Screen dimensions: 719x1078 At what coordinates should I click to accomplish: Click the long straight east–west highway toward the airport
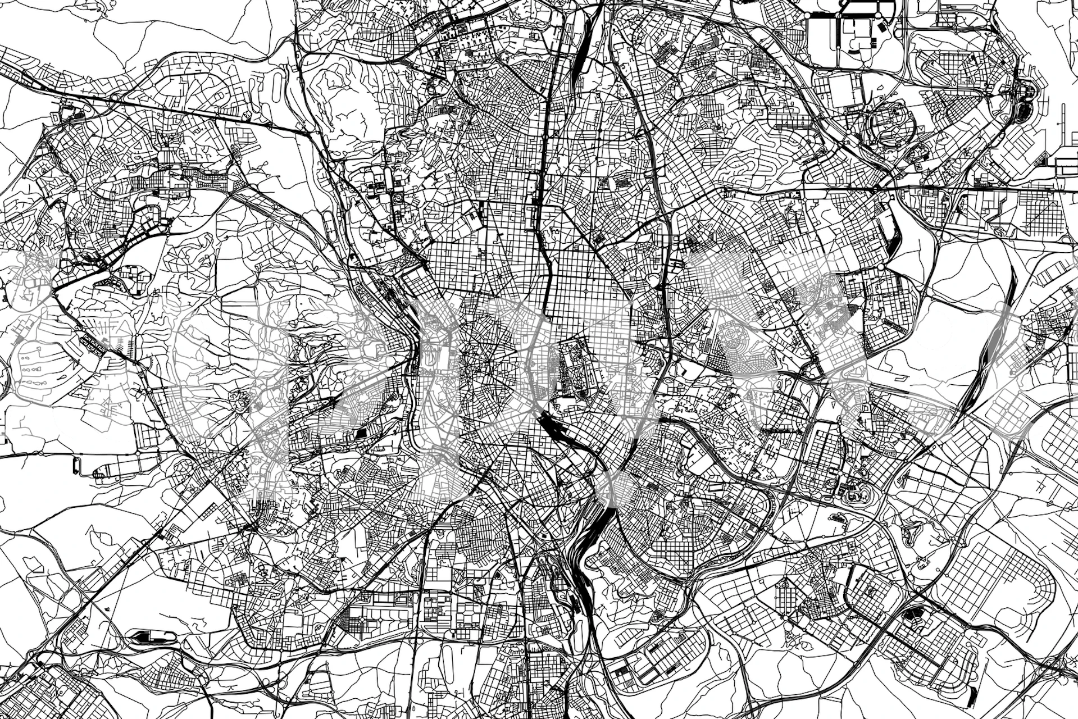pyautogui.click(x=955, y=188)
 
